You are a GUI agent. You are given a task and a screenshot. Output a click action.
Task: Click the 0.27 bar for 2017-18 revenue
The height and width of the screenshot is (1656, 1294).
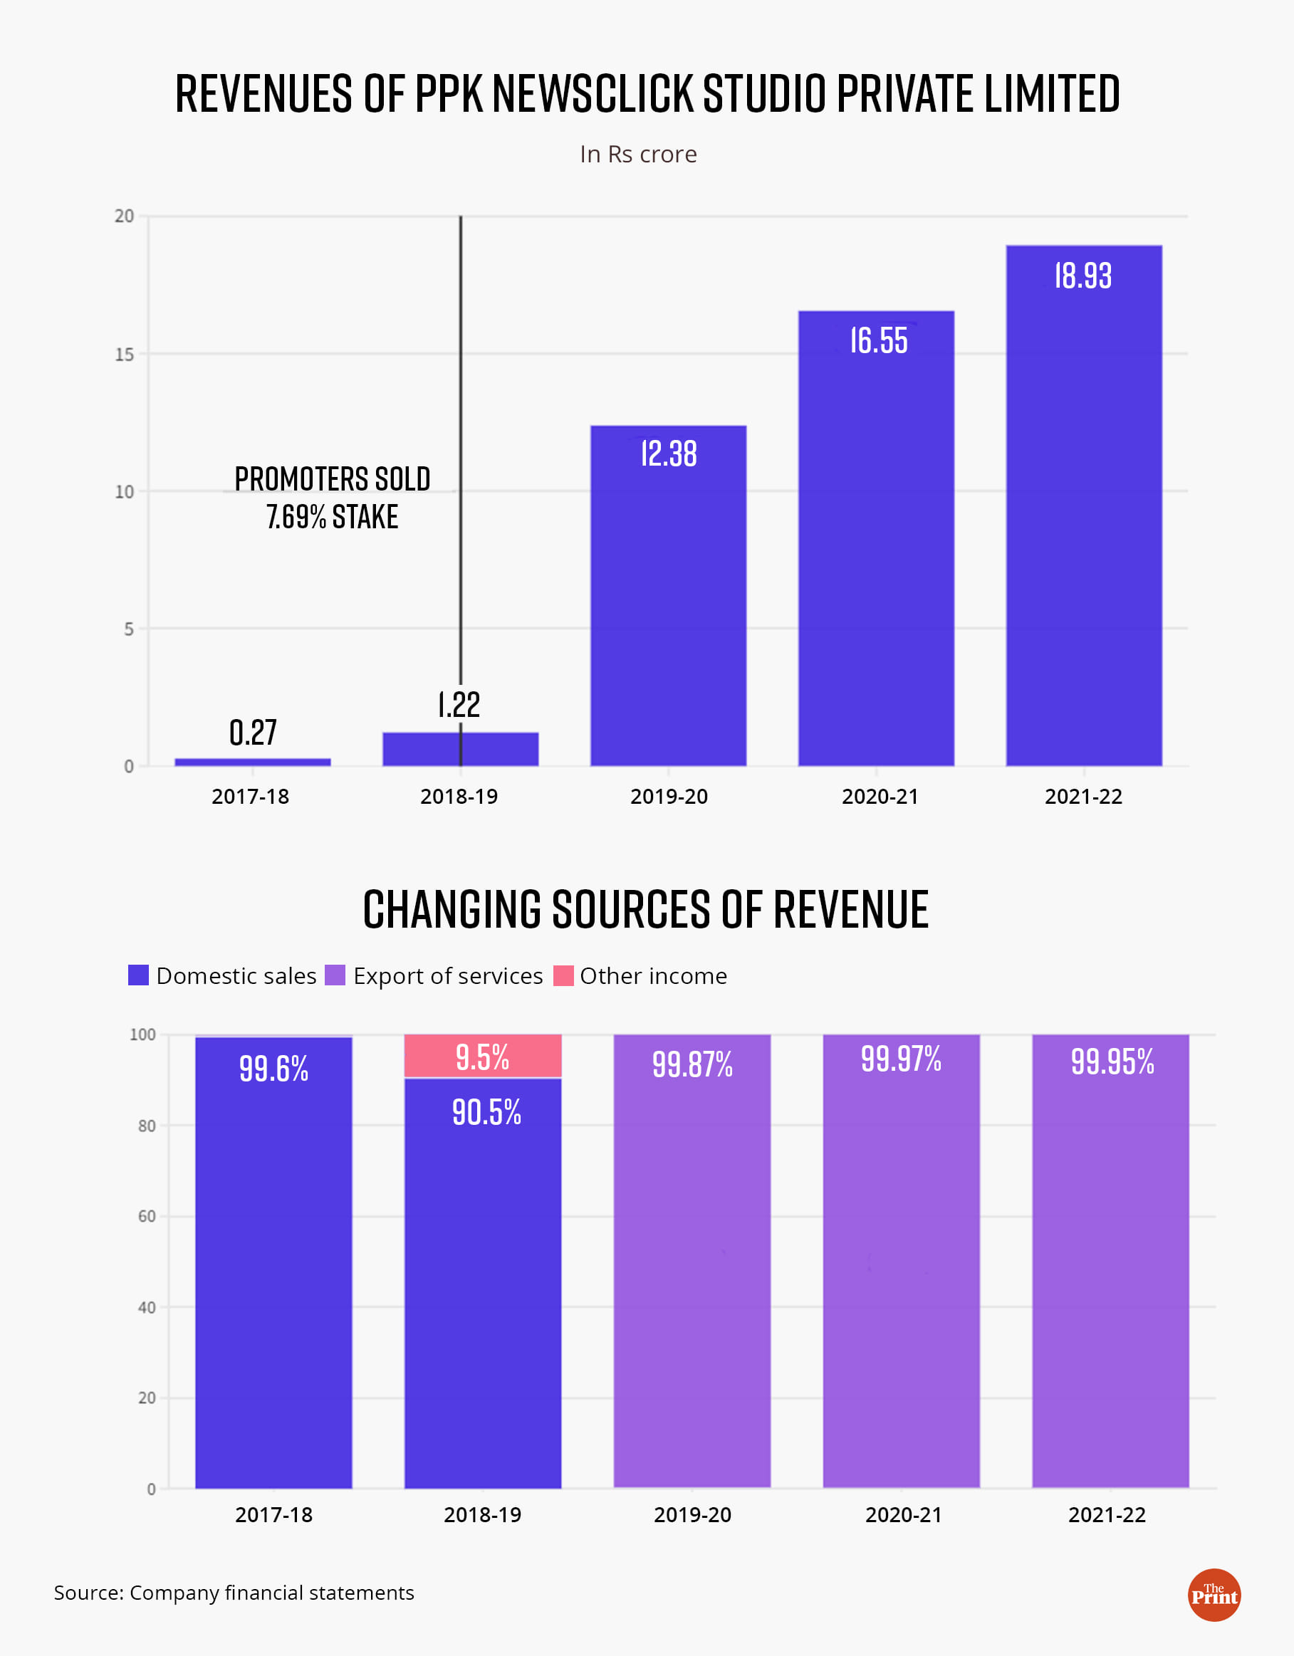point(253,762)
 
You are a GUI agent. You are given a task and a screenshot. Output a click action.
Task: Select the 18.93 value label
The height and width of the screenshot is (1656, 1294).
point(1083,276)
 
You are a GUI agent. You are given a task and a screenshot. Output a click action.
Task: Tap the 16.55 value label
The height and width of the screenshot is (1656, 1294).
point(878,341)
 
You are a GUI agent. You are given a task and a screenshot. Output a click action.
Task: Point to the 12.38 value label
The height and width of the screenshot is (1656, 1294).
point(668,454)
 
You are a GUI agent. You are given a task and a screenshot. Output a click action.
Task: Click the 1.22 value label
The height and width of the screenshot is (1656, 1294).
point(459,705)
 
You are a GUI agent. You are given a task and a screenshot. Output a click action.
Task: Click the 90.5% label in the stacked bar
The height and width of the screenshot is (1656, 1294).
point(486,1112)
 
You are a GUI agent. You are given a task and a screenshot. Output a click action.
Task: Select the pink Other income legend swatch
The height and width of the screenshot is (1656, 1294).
point(563,975)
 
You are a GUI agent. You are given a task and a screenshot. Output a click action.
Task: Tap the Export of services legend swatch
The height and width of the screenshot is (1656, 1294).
point(335,975)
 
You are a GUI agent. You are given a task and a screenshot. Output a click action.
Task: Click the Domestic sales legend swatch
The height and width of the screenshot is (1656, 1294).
point(138,975)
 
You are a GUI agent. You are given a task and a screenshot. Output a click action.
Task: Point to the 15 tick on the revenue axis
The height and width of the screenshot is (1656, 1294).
point(125,354)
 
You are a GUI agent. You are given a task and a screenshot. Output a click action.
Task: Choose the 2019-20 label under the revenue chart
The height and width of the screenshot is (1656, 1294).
point(669,797)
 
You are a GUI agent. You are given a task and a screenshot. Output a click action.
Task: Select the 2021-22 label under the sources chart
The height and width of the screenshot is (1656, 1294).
point(1107,1515)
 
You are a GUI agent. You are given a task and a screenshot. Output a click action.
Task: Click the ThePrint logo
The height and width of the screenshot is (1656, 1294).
point(1214,1595)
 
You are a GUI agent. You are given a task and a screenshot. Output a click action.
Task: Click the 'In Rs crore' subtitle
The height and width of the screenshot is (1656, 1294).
point(638,154)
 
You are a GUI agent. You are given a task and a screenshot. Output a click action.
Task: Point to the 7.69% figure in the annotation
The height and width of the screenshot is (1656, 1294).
point(296,517)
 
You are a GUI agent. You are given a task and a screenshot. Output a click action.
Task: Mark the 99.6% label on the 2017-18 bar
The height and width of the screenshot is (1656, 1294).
point(273,1069)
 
